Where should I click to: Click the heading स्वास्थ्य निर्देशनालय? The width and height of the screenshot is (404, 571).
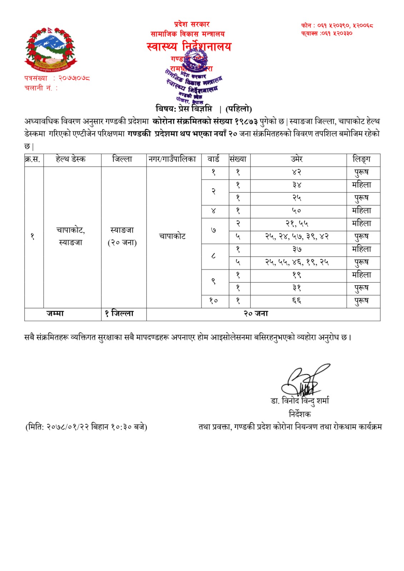coord(189,46)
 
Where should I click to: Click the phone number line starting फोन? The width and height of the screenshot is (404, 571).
coord(337,25)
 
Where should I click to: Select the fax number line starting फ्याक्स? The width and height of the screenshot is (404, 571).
coord(327,33)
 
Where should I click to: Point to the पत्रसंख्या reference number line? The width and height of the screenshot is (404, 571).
coord(57,78)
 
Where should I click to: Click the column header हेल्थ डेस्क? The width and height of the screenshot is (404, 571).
coord(71,159)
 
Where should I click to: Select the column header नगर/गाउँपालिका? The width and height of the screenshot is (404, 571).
coord(173,159)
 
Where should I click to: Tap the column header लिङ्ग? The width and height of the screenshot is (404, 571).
coord(361,159)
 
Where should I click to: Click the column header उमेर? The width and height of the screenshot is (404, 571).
coord(296,159)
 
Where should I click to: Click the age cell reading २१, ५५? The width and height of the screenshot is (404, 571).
coord(296,224)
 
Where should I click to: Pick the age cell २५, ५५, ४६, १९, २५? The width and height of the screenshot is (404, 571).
coord(296,262)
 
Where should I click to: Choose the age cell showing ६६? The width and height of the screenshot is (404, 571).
coord(296,301)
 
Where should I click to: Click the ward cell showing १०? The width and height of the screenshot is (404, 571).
coord(213,301)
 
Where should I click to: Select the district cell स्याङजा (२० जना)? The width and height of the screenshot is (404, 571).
coord(122,236)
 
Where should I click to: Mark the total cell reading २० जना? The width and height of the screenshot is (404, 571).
coord(256,314)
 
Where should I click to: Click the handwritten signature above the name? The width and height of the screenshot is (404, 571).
coord(304,380)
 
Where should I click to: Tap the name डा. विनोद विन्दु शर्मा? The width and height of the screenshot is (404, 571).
coord(300,401)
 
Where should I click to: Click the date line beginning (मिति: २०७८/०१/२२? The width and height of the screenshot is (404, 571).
coord(86,427)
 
